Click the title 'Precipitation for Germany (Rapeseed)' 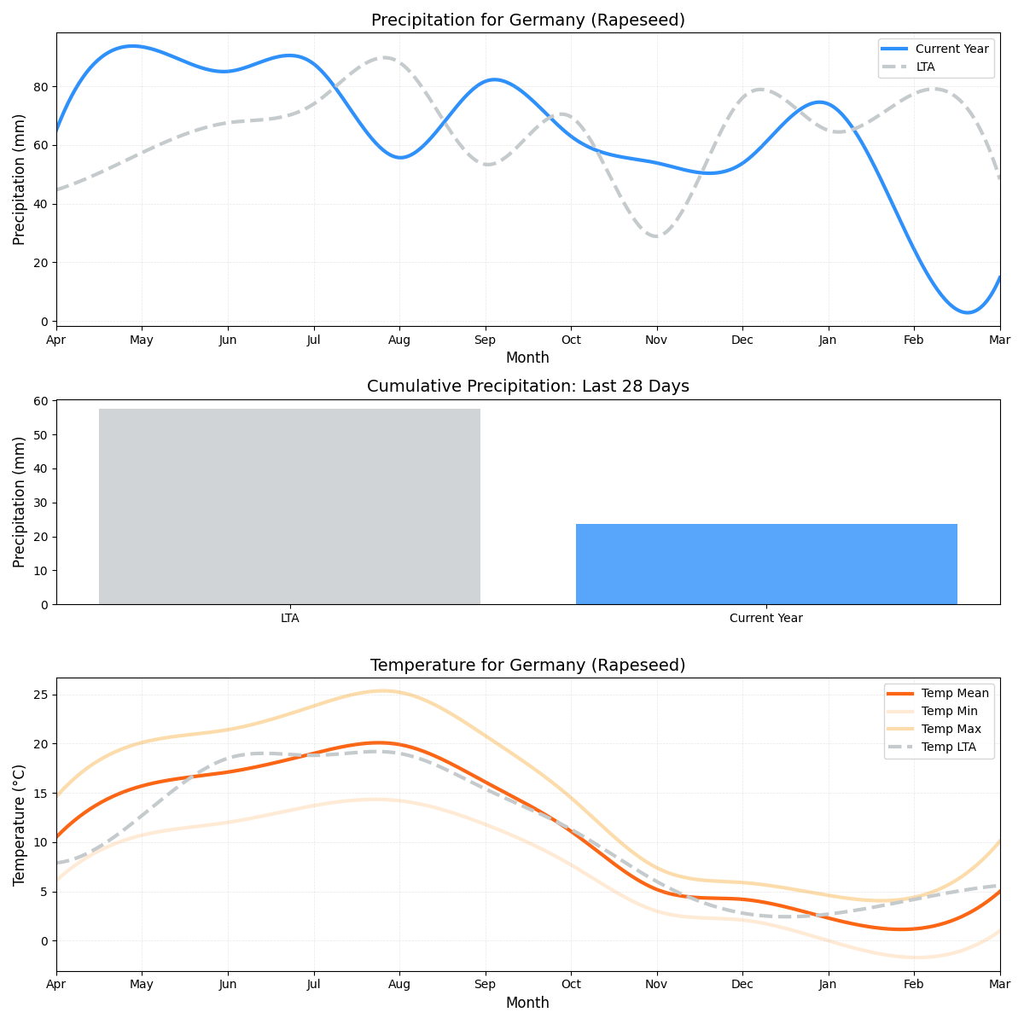[x=527, y=20]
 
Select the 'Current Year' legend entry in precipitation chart [x=951, y=49]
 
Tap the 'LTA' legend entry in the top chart [x=925, y=67]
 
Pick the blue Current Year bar [x=766, y=564]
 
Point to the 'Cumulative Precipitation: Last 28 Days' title [x=527, y=387]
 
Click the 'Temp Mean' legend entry [x=955, y=693]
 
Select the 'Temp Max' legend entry [x=951, y=729]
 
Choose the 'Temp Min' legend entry [x=949, y=711]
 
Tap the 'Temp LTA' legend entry [x=948, y=748]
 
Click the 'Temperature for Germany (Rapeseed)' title [x=527, y=666]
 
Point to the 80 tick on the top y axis [x=43, y=87]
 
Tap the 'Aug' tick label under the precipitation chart [x=399, y=340]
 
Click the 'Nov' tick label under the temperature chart [x=656, y=984]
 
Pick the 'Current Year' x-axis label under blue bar [x=766, y=618]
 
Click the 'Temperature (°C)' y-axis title [x=20, y=824]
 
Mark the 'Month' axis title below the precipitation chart [x=527, y=358]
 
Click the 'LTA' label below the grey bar [x=289, y=618]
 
